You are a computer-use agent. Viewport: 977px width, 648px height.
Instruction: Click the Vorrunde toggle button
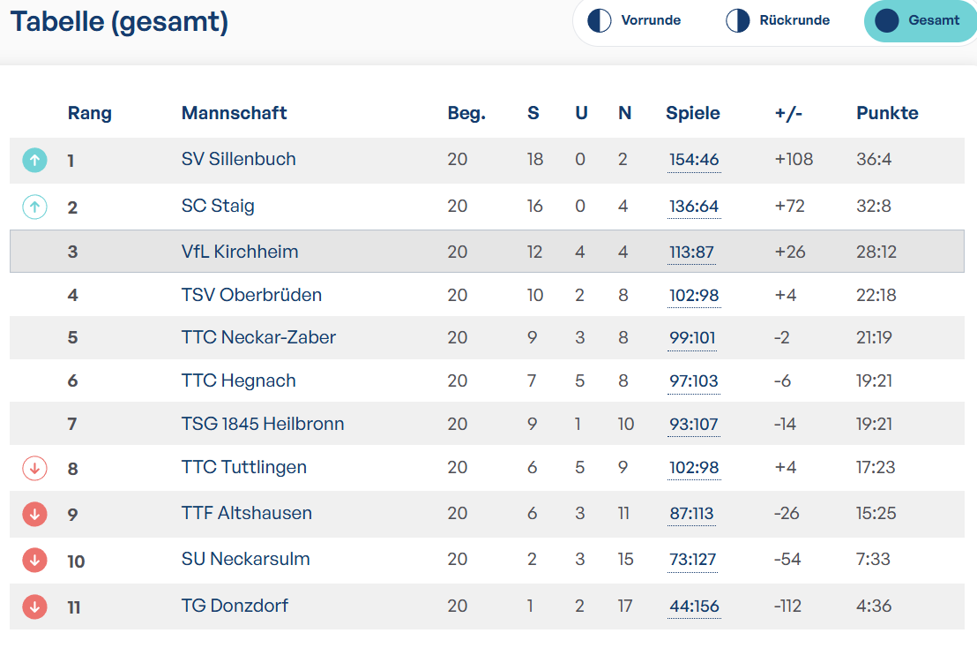tap(634, 20)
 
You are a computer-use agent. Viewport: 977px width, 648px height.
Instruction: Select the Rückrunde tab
tap(778, 20)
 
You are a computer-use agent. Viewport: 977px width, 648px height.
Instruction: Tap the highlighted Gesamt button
tap(919, 20)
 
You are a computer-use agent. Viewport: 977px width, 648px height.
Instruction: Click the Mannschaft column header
tap(234, 113)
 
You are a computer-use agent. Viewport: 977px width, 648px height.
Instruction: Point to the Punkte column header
tap(887, 113)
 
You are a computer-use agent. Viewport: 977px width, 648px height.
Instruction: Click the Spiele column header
tap(693, 113)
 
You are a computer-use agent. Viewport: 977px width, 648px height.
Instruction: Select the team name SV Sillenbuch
tap(239, 159)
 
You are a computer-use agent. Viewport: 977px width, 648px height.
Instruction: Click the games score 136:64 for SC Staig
tap(694, 207)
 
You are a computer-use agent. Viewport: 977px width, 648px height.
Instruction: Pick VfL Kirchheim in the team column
tap(240, 252)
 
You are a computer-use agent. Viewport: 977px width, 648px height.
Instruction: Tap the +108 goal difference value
tap(794, 159)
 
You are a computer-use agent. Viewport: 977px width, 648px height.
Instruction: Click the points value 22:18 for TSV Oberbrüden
tap(876, 295)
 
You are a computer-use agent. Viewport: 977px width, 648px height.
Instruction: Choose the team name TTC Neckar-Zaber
tap(258, 337)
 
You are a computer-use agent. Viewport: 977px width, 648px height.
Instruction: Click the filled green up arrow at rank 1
tap(35, 161)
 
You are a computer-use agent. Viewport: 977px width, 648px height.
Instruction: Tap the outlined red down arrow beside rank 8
tap(35, 468)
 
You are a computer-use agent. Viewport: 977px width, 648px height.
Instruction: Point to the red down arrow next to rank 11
tap(35, 607)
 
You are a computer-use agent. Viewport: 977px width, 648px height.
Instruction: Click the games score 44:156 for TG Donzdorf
tap(694, 607)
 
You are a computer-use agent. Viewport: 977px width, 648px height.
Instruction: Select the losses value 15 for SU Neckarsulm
tap(625, 560)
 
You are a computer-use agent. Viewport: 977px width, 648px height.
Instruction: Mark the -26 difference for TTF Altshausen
tap(787, 513)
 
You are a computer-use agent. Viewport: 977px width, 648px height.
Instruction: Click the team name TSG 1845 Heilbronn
tap(262, 424)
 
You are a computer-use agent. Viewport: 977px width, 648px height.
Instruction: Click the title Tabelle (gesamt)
tap(119, 22)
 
